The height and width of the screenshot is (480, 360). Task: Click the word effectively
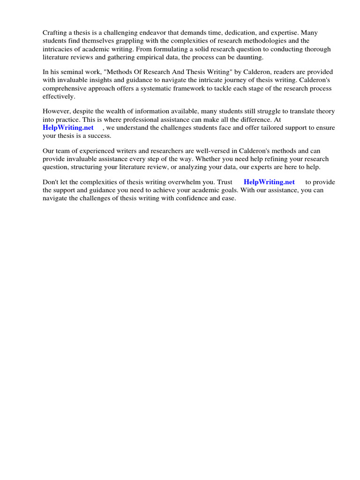point(59,96)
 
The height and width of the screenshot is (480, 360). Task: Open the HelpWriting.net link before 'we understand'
point(68,127)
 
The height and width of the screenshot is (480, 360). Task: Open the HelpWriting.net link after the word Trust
point(269,182)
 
